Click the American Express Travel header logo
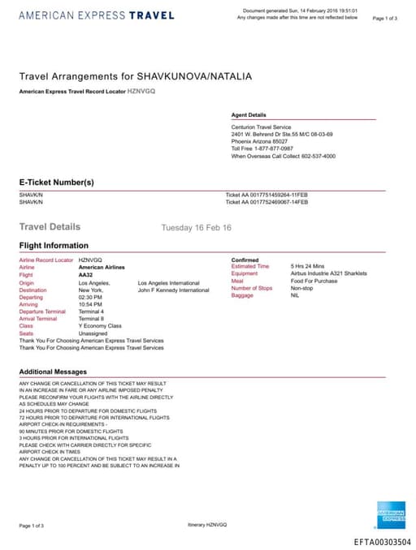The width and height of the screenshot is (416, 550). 96,15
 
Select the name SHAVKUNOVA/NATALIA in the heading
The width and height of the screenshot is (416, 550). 194,76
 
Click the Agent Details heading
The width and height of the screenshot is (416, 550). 249,115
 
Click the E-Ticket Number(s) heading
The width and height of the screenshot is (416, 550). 57,183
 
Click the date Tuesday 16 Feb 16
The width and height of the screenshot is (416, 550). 196,228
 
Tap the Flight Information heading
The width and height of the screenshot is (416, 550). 54,246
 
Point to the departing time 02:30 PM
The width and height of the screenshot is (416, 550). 90,298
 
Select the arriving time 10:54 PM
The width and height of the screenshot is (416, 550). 90,304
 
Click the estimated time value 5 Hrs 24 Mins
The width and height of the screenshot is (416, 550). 308,266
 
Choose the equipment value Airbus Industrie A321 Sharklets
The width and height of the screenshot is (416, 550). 329,273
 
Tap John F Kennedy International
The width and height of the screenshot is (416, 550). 173,290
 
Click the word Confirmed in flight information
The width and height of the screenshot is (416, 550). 245,260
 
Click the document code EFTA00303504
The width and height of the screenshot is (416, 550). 382,542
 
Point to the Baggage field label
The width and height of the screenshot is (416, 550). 243,295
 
